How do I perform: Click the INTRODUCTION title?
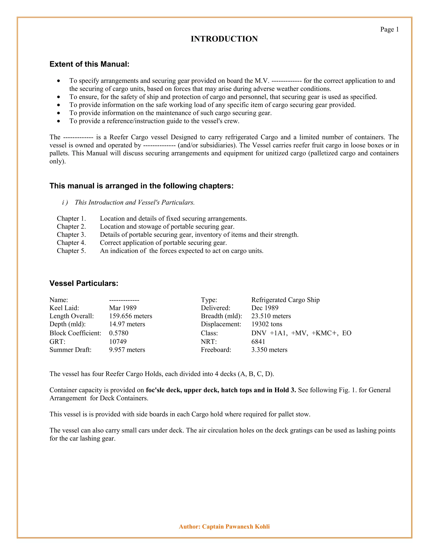click(224, 39)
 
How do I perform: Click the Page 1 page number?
click(389, 30)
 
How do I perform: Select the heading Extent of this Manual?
click(89, 64)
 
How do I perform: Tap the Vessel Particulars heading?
click(84, 283)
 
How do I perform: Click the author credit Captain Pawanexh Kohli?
click(224, 527)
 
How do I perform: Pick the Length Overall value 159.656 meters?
click(131, 316)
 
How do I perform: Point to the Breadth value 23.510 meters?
click(271, 316)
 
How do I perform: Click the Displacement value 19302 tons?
click(267, 324)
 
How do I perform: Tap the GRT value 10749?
click(118, 342)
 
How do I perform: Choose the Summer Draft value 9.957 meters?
click(127, 350)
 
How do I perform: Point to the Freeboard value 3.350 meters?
click(269, 350)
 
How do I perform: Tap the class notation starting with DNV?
click(301, 333)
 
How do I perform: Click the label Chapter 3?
click(71, 235)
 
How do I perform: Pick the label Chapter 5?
click(71, 251)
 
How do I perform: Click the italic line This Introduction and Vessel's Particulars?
click(134, 202)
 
